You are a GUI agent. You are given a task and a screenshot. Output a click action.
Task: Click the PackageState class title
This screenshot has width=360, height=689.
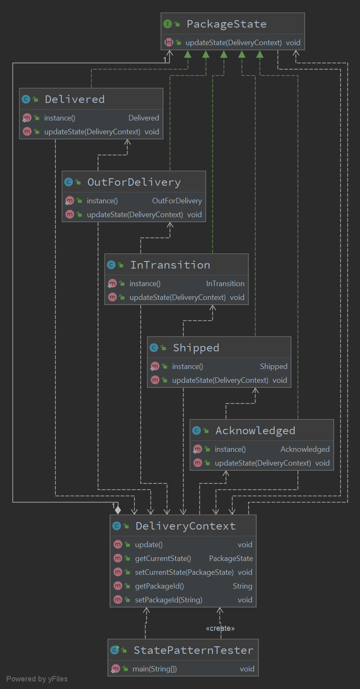point(226,24)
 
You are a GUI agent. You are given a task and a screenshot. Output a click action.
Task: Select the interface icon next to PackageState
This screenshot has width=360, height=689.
point(167,24)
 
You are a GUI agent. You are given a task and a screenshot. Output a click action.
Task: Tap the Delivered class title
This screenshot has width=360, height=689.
point(74,99)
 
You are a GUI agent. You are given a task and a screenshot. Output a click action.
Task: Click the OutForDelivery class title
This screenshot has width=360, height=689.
point(134,182)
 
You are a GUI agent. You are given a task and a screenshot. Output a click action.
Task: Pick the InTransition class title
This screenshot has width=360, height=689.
point(170,265)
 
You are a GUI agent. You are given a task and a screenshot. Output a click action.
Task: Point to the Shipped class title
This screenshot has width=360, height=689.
point(196,348)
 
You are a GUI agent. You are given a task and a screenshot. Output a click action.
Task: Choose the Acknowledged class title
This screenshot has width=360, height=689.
point(255,430)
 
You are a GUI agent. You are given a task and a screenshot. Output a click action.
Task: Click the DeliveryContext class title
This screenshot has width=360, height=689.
point(185,526)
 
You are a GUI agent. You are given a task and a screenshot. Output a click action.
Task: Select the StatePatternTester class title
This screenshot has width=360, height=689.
point(193,650)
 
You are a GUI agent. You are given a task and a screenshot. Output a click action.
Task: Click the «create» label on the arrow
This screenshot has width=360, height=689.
point(220,628)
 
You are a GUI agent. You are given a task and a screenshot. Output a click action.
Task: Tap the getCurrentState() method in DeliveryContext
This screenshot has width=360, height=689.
point(163,558)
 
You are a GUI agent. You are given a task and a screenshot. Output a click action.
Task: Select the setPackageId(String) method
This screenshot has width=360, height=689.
point(168,600)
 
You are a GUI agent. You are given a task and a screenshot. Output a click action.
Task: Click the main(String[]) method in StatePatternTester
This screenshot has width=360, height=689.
point(154,669)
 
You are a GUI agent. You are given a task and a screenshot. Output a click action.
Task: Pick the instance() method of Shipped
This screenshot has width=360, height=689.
point(187,366)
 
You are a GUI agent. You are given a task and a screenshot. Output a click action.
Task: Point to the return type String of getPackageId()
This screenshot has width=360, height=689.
point(242,586)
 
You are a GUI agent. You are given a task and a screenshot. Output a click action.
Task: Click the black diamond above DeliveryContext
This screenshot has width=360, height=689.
point(118,510)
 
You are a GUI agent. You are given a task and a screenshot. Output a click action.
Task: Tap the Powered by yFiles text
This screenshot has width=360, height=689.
point(37,679)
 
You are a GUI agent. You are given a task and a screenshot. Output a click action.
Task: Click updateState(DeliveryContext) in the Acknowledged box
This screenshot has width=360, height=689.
point(263,463)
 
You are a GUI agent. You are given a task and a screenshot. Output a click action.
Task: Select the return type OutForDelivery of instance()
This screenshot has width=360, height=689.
point(177,201)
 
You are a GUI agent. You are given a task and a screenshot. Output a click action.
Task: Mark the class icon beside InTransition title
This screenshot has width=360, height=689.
point(111,265)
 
